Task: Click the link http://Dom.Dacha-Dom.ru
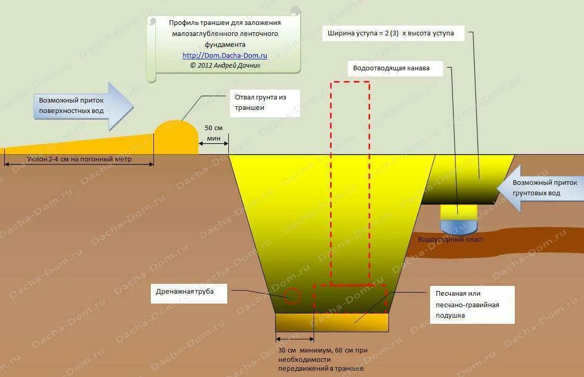pyautogui.click(x=225, y=55)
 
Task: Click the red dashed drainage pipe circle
pyautogui.click(x=292, y=296)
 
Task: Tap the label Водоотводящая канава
pyautogui.click(x=391, y=68)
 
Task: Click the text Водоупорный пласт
pyautogui.click(x=450, y=240)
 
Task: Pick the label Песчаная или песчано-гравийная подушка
pyautogui.click(x=472, y=305)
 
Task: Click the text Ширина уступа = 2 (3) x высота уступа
pyautogui.click(x=391, y=33)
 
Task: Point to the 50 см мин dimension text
pyautogui.click(x=214, y=133)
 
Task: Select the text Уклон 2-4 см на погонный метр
pyautogui.click(x=78, y=158)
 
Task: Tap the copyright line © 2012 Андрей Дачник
pyautogui.click(x=225, y=66)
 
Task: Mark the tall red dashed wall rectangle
pyautogui.click(x=350, y=182)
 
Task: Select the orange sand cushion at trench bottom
pyautogui.click(x=332, y=323)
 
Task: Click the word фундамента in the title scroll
pyautogui.click(x=225, y=44)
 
